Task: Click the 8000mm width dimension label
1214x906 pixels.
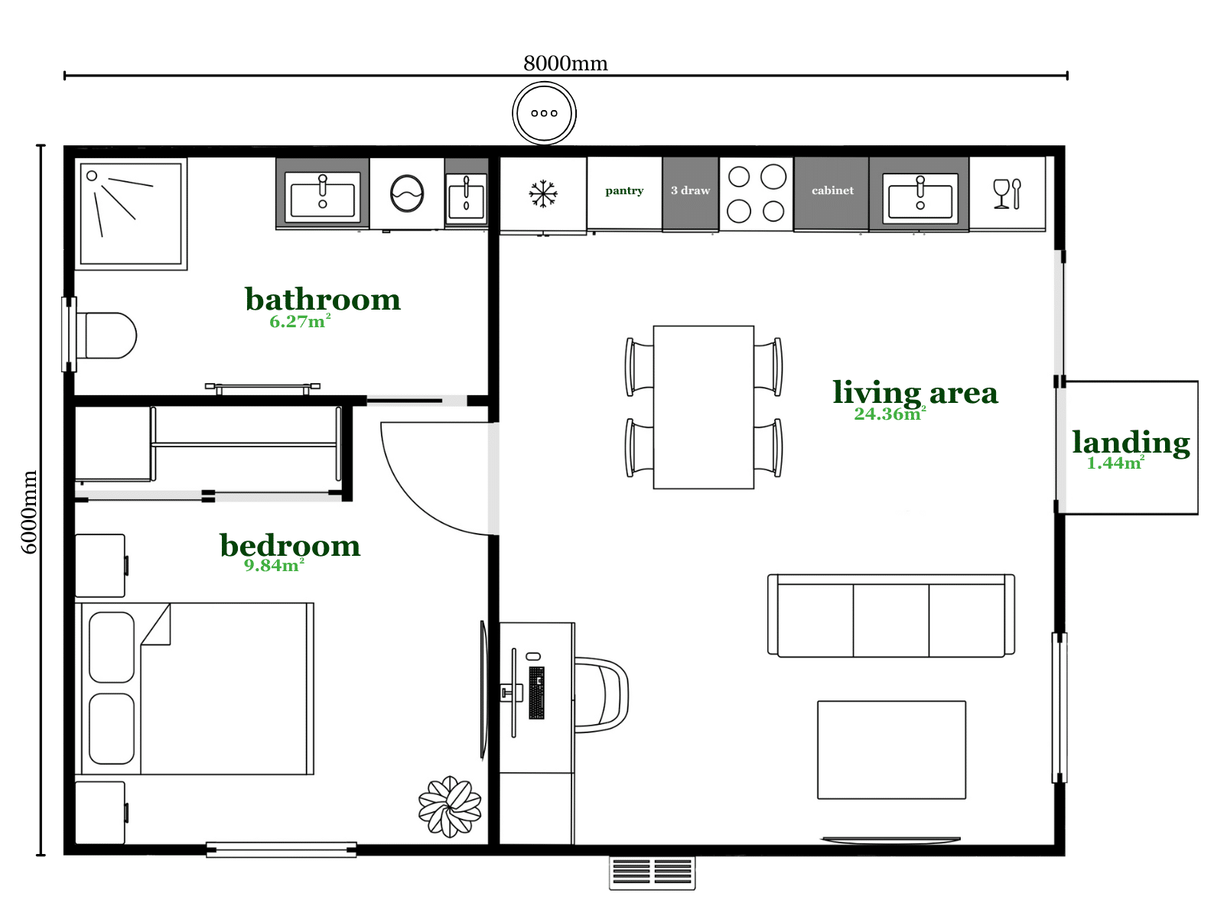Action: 565,63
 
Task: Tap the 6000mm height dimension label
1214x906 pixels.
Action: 29,511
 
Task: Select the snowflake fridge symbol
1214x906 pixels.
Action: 542,193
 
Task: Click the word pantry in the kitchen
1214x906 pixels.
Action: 624,190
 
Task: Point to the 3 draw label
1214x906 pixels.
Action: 690,190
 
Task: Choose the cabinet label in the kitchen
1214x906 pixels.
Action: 832,190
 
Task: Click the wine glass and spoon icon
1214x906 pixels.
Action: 1007,194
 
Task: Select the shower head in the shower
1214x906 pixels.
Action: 92,176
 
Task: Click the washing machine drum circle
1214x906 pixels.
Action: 406,193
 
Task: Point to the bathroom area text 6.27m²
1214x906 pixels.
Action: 300,321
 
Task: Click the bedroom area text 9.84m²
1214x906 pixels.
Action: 274,565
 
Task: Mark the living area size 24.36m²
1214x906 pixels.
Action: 890,414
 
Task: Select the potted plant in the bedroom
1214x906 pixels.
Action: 449,807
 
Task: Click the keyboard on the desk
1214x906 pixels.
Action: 536,693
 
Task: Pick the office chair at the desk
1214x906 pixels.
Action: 601,694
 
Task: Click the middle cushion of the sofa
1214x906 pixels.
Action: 890,620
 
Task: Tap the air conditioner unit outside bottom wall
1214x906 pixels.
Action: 652,873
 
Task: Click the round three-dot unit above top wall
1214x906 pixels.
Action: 544,113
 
